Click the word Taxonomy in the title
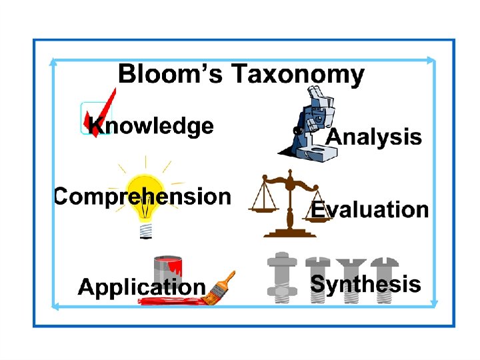[297, 75]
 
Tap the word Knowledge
[152, 126]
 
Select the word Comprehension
[142, 197]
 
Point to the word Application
[141, 287]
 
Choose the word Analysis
[374, 137]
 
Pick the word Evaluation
[370, 209]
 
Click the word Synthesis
[365, 285]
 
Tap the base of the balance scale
[289, 232]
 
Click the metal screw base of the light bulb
[145, 229]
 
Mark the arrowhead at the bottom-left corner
[55, 306]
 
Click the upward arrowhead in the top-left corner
[53, 63]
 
